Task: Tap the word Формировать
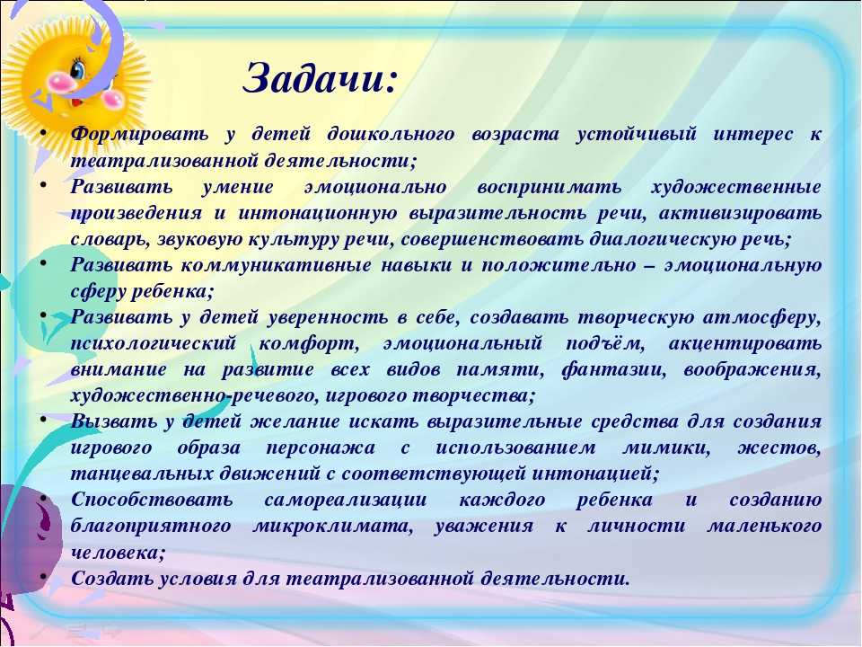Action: pyautogui.click(x=140, y=134)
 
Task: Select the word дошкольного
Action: pyautogui.click(x=391, y=134)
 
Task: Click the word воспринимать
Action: pyautogui.click(x=550, y=187)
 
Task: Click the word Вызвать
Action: pyautogui.click(x=114, y=421)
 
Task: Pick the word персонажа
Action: pyautogui.click(x=321, y=448)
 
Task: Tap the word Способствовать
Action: pyautogui.click(x=152, y=500)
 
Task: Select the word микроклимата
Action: pyautogui.click(x=332, y=526)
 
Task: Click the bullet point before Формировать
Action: pyautogui.click(x=43, y=132)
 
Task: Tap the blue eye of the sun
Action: pyautogui.click(x=79, y=69)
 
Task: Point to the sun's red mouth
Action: pyautogui.click(x=76, y=102)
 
